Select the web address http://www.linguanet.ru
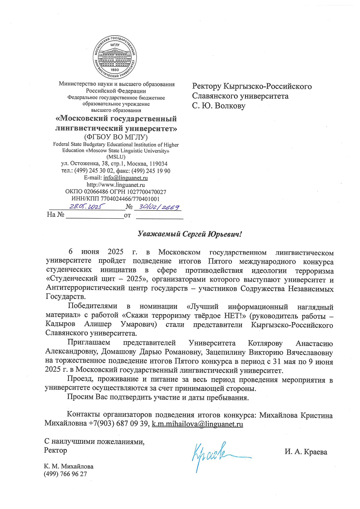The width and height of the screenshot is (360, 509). (115, 185)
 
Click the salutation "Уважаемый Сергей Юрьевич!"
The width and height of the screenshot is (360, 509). (190, 234)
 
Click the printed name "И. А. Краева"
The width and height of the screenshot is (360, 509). (306, 451)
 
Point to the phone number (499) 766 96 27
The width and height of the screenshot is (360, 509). (65, 474)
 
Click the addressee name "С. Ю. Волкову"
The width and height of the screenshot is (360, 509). (219, 106)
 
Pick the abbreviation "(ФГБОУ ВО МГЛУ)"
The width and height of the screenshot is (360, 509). (115, 137)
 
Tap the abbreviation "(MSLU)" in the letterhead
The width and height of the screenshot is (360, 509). (116, 157)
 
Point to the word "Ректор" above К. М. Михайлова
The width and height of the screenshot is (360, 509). (55, 451)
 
